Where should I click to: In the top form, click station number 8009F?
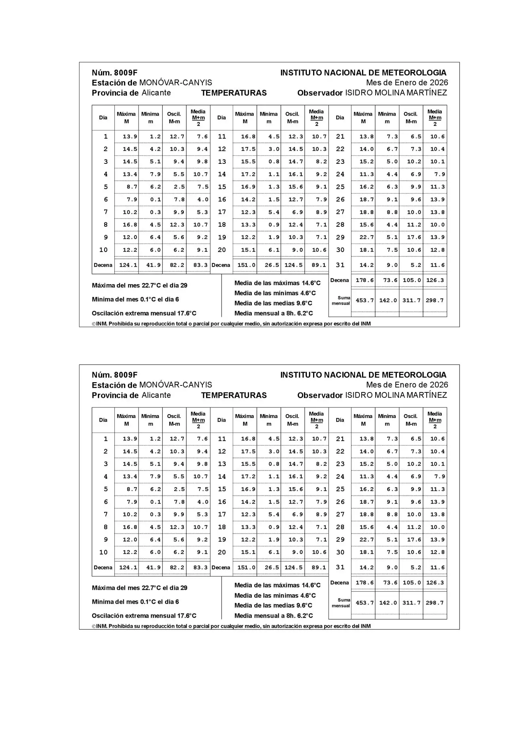pos(125,73)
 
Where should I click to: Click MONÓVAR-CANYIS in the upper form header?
pos(175,83)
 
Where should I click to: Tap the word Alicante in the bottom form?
pos(156,395)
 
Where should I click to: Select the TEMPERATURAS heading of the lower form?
pos(234,395)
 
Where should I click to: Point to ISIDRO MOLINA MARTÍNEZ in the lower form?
pos(396,395)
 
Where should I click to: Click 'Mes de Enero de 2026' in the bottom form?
pos(407,385)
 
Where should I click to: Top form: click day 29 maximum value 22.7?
pos(366,237)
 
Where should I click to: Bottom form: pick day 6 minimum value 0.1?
pos(155,502)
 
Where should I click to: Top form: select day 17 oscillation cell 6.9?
pos(296,212)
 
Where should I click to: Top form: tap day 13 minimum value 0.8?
pos(274,162)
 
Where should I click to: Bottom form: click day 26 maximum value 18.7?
pos(366,502)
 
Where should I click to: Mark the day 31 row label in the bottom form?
pos(340,567)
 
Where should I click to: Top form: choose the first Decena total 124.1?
pos(128,265)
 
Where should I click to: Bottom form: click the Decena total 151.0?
pos(247,568)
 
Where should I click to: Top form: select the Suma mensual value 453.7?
pos(365,300)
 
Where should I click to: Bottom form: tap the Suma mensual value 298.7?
pos(435,603)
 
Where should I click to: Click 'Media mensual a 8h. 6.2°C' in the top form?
pos(274,313)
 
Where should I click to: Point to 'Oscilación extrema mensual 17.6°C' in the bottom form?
pos(144,616)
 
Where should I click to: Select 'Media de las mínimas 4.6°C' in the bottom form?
pos(275,596)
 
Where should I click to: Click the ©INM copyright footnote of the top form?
pos(231,324)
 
